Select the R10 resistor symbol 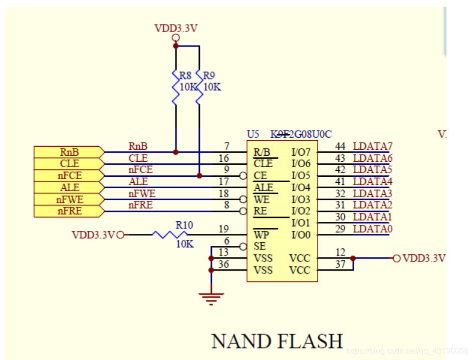click(x=170, y=234)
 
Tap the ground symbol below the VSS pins click(x=211, y=298)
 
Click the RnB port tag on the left click(x=69, y=152)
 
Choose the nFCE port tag click(x=69, y=176)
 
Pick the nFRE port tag click(x=69, y=211)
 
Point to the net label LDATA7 click(x=372, y=146)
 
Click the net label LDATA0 click(x=372, y=229)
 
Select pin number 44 click(x=340, y=146)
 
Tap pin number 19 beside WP click(x=223, y=229)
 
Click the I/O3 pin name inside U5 click(x=301, y=199)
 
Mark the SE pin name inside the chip click(x=260, y=246)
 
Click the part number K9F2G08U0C click(x=301, y=134)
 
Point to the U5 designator click(x=253, y=134)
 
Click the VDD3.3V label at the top click(x=175, y=28)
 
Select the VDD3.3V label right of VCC click(x=424, y=258)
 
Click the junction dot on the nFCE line click(x=199, y=176)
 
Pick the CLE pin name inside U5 click(x=263, y=164)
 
